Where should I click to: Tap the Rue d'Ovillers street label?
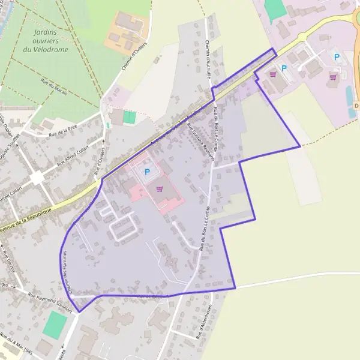pos(100,160)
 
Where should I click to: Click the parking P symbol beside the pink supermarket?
pos(148,172)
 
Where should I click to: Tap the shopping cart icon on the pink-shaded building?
pos(160,188)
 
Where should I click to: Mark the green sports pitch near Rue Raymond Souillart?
pos(55,325)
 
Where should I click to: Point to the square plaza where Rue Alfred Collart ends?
pos(37,178)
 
